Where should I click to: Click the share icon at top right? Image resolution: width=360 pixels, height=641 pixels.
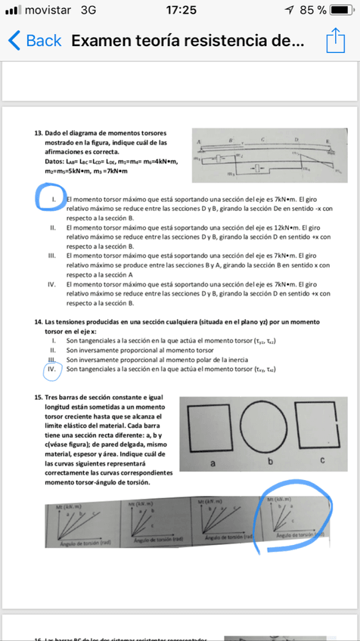[335, 40]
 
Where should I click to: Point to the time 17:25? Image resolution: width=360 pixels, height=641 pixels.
[179, 11]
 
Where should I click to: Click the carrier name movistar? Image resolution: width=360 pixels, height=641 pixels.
[48, 11]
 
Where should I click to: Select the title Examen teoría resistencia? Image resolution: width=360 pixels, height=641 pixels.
[188, 41]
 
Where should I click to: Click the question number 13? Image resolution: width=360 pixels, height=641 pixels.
[38, 133]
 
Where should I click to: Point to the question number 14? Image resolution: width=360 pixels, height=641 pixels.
[38, 321]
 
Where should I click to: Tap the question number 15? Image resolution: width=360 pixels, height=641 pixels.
[38, 397]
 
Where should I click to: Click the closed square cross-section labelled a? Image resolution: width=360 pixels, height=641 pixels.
[212, 428]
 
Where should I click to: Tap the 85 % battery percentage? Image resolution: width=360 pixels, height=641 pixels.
[312, 11]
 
